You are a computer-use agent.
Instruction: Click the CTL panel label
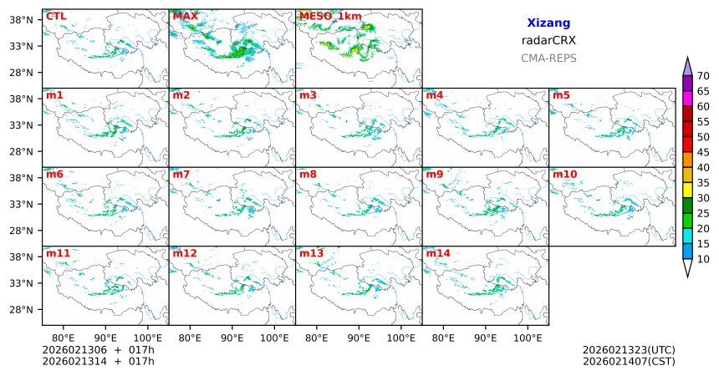pos(56,16)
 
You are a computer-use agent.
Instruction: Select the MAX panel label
pos(185,16)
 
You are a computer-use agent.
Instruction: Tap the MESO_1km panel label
pos(325,16)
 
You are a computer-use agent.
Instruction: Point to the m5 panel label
pos(561,95)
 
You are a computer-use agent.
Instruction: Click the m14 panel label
pos(437,253)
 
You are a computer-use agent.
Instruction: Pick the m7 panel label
pos(181,174)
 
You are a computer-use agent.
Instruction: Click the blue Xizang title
pos(548,24)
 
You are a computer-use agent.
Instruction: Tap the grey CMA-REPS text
pos(548,58)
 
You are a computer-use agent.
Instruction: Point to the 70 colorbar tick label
pos(703,76)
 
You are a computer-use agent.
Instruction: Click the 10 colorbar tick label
pos(703,260)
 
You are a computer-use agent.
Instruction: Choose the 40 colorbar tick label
pos(703,168)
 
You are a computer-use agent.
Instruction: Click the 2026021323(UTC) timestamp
pos(629,349)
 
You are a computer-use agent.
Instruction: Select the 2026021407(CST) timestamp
pos(629,361)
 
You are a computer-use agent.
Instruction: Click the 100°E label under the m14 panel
pos(528,338)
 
